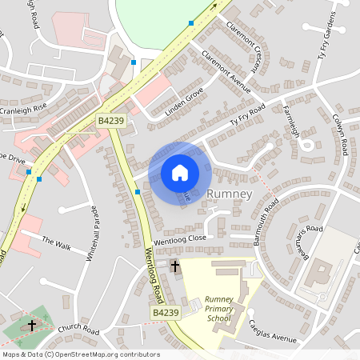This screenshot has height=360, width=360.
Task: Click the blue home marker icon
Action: [180, 173]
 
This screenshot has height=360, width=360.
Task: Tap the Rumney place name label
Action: [230, 194]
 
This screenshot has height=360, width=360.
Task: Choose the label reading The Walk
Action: [56, 242]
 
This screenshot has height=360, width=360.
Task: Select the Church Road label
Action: [78, 329]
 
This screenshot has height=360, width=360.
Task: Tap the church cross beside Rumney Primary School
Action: [175, 264]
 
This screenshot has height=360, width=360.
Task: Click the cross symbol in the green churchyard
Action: [31, 326]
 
